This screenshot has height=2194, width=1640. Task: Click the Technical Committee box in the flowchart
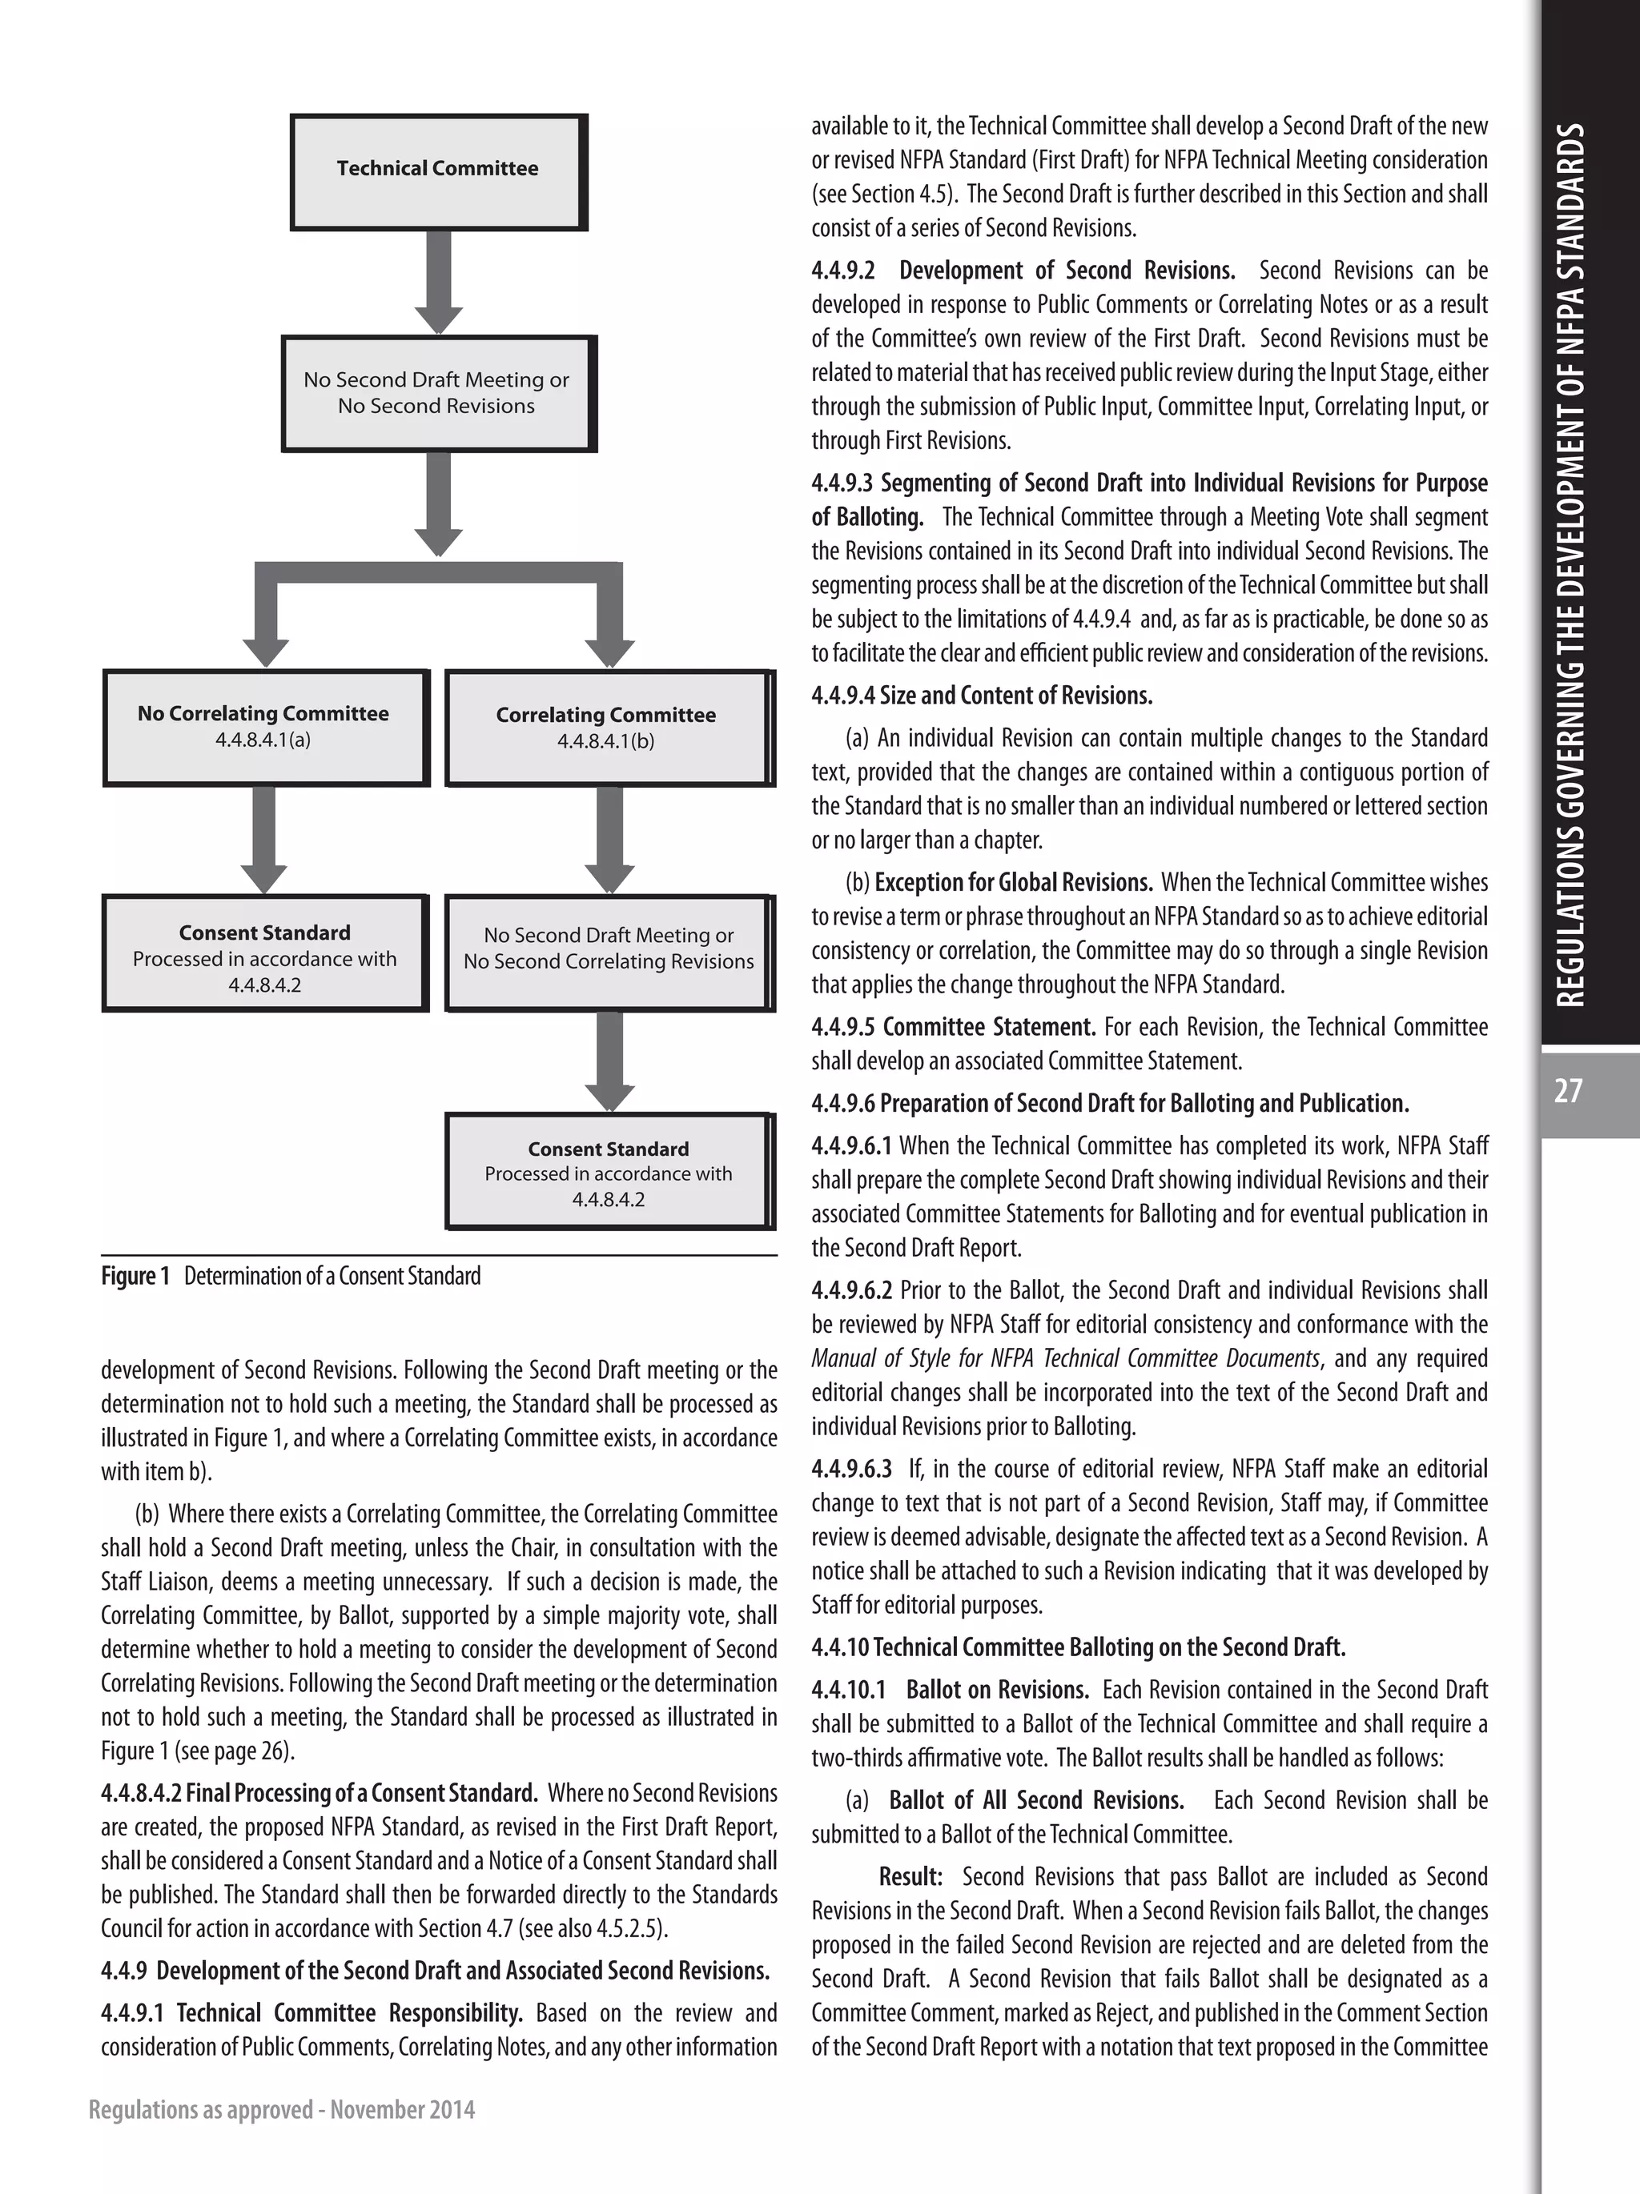coord(437,170)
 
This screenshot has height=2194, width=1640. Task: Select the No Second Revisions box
coord(436,393)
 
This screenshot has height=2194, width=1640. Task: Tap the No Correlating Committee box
coord(264,727)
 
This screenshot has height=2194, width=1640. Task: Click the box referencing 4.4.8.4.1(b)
coord(605,728)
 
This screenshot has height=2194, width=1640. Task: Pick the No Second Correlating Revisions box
coord(607,950)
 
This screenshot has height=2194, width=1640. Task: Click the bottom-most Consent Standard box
coord(607,1173)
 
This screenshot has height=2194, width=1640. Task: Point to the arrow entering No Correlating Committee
coord(264,625)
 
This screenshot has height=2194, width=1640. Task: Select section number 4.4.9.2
coord(843,271)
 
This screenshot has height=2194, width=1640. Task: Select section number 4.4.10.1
coord(850,1691)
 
